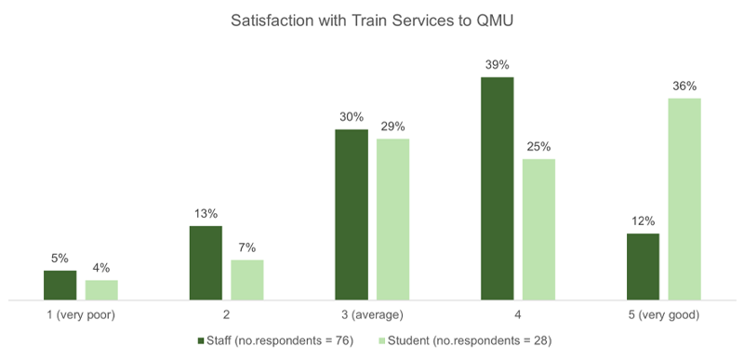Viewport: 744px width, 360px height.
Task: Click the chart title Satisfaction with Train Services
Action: (x=372, y=21)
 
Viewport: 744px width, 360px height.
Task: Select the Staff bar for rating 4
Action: (x=497, y=189)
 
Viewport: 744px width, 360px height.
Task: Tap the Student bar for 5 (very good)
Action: (x=684, y=199)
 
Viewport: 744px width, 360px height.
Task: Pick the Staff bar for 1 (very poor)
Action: (x=60, y=286)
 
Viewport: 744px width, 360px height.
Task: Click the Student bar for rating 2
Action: (x=247, y=280)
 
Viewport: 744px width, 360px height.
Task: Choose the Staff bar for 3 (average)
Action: (x=352, y=215)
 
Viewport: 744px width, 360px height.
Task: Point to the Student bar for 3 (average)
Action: (x=392, y=220)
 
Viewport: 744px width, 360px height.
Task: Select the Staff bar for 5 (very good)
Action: (x=643, y=267)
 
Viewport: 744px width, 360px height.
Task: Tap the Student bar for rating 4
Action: (x=538, y=230)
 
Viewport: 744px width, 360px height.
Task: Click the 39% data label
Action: (x=497, y=65)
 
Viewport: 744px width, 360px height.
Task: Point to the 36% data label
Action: (x=684, y=86)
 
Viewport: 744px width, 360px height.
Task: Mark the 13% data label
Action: (x=206, y=214)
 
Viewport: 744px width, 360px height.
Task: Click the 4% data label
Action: (x=101, y=268)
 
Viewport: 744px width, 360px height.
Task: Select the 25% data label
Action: (x=538, y=147)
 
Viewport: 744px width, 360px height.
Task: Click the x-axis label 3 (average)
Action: (x=372, y=315)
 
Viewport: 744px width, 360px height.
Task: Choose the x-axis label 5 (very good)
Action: (x=663, y=315)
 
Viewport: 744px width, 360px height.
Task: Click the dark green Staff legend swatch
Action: (x=200, y=340)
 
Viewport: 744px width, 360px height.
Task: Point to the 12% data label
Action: (x=643, y=221)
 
